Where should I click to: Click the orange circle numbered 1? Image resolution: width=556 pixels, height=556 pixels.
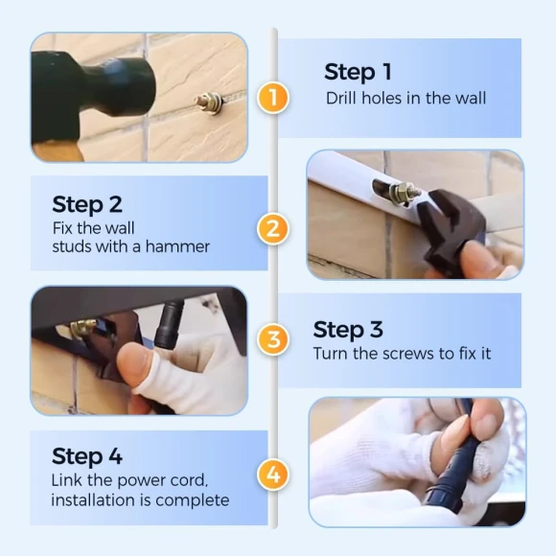pyautogui.click(x=273, y=98)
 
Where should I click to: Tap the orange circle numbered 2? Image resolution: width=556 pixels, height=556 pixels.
pyautogui.click(x=273, y=229)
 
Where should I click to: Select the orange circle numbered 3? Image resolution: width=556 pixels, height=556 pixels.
pyautogui.click(x=273, y=339)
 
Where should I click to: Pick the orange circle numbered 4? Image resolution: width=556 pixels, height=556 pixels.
pyautogui.click(x=273, y=475)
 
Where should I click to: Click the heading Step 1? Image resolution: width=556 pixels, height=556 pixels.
pyautogui.click(x=358, y=72)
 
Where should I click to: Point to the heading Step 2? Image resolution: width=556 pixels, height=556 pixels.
pyautogui.click(x=87, y=204)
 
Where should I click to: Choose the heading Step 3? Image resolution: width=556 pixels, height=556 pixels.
pyautogui.click(x=348, y=330)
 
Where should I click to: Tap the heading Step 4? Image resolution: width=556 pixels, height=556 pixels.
pyautogui.click(x=87, y=456)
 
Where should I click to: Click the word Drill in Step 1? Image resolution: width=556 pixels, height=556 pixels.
pyautogui.click(x=341, y=98)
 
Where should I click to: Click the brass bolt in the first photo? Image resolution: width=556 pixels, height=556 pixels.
pyautogui.click(x=209, y=104)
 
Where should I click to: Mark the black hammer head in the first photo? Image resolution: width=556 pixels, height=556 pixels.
pyautogui.click(x=94, y=87)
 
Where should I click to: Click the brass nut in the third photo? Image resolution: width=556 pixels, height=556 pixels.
pyautogui.click(x=82, y=329)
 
